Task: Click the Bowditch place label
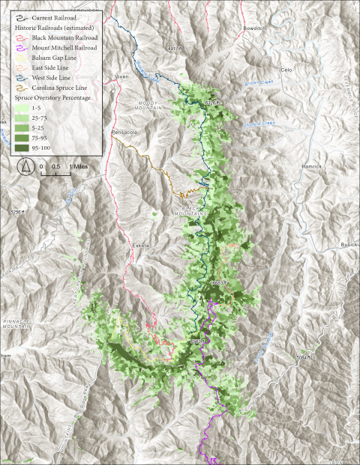[x=254, y=28]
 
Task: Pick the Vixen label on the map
[x=121, y=76]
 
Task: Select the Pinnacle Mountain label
[x=15, y=322]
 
